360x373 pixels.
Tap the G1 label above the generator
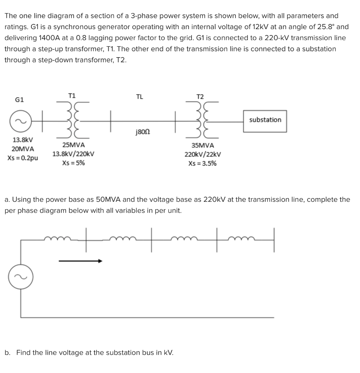(20, 99)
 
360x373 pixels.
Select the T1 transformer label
(72, 95)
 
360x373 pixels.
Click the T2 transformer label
(200, 97)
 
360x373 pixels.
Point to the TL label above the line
(139, 97)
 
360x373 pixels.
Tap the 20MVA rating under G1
(23, 149)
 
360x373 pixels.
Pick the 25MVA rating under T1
(74, 145)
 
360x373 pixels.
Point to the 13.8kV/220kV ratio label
(74, 154)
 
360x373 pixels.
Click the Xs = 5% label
(74, 163)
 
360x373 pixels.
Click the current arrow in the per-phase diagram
(80, 261)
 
